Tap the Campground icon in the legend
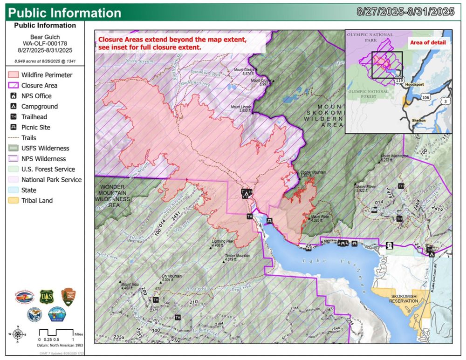(14, 106)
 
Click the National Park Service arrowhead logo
(69, 297)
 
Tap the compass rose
(18, 333)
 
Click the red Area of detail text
(427, 43)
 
